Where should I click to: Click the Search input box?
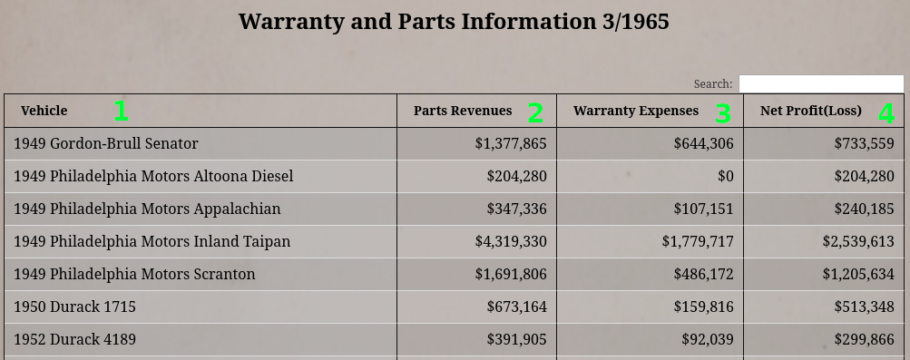click(821, 84)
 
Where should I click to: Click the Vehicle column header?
click(44, 111)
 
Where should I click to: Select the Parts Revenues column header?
click(463, 111)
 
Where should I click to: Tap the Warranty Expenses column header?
click(636, 111)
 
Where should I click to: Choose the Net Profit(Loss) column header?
click(811, 111)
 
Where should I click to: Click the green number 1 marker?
click(121, 112)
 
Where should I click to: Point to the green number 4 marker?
click(886, 113)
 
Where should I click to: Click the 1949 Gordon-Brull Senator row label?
click(105, 144)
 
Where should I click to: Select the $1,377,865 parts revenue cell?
click(511, 144)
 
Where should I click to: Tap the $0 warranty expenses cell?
click(726, 176)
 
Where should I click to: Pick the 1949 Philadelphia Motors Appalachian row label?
click(147, 209)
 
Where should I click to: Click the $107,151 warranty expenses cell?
click(703, 209)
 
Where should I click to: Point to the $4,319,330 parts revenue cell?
click(511, 242)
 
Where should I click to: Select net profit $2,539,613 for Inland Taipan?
click(858, 242)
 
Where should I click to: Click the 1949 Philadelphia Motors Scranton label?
click(134, 274)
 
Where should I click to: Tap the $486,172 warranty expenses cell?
click(703, 274)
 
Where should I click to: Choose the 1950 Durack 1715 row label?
click(75, 306)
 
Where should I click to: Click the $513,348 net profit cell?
click(864, 306)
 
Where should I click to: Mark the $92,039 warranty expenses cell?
click(708, 339)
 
